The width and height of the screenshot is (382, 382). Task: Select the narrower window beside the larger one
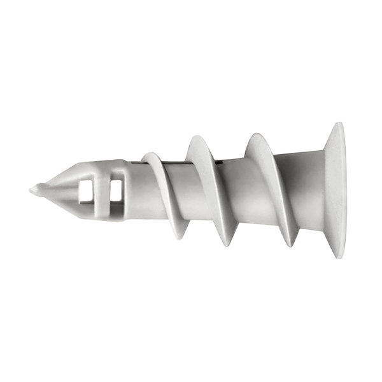(115, 190)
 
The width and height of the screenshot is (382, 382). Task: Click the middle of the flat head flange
(337, 191)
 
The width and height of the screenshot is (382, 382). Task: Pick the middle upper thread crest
(195, 141)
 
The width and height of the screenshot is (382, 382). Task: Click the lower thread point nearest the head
(292, 244)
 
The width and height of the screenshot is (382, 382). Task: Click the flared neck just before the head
(312, 191)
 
